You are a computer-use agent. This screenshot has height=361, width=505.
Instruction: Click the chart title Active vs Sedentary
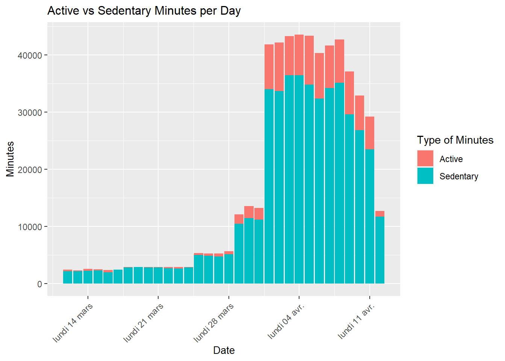(144, 11)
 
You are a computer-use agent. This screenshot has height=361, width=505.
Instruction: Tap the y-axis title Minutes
(10, 159)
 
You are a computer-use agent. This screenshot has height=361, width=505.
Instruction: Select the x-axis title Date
(224, 350)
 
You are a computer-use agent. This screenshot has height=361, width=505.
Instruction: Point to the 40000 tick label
(30, 55)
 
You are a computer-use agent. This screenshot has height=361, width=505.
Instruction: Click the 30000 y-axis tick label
(30, 112)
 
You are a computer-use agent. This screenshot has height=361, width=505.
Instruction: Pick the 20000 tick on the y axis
(30, 170)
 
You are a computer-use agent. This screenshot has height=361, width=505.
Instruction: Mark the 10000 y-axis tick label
(30, 227)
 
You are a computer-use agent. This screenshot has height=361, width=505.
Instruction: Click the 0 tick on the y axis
(39, 284)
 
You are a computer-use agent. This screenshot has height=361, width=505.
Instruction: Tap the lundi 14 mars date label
(73, 323)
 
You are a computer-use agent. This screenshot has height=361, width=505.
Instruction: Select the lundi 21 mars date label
(144, 323)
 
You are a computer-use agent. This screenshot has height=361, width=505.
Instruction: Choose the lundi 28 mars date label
(214, 323)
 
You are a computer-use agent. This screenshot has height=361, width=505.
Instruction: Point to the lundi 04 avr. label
(286, 321)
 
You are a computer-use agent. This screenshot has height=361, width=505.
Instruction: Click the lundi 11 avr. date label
(357, 321)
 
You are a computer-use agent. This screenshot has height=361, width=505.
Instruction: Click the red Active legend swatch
(425, 158)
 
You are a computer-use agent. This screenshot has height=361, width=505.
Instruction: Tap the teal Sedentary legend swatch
(425, 176)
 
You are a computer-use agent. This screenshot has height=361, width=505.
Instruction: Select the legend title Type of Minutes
(455, 140)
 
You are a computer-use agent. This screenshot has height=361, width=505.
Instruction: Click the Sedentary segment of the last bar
(380, 250)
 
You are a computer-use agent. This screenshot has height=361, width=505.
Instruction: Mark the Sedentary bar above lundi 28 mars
(229, 268)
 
